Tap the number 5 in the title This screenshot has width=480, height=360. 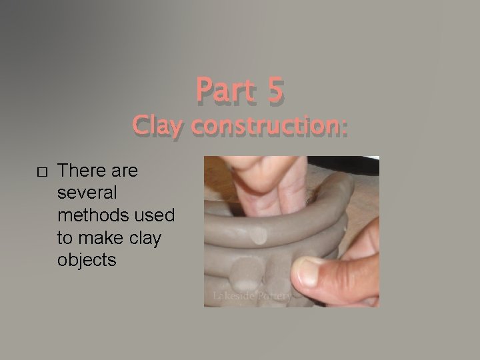click(275, 91)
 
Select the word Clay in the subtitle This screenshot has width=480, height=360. click(156, 125)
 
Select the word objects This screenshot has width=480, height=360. click(87, 259)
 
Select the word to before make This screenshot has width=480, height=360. click(67, 237)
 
